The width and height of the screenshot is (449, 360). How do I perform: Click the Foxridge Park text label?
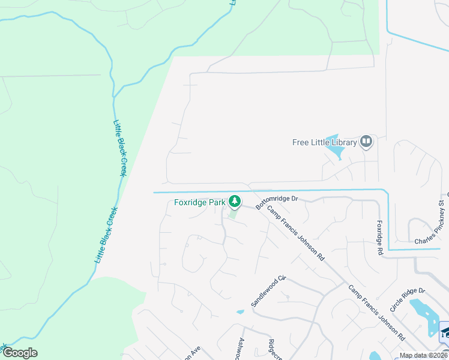coord(199,202)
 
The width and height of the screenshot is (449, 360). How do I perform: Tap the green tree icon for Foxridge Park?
coord(236,202)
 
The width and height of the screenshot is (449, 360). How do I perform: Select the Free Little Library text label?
coord(324,142)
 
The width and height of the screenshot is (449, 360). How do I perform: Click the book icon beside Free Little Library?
coord(366,142)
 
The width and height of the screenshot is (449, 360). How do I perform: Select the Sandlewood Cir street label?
coord(269,292)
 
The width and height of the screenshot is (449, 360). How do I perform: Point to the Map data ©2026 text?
coord(424,355)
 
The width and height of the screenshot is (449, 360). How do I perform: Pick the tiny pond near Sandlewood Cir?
coord(241,311)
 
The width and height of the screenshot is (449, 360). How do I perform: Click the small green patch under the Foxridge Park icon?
coord(234,213)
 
